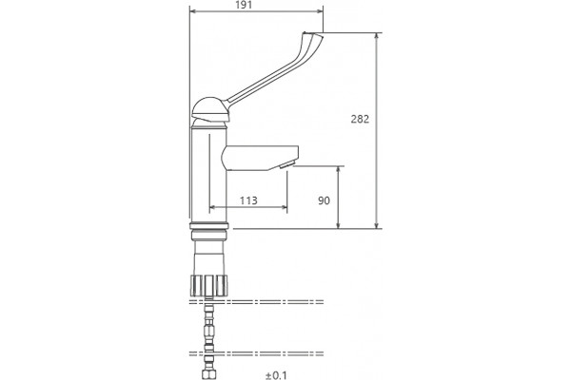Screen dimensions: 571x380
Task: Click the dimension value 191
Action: [x=244, y=5]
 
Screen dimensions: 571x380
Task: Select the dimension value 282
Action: [x=360, y=119]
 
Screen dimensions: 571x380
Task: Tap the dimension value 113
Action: [x=248, y=200]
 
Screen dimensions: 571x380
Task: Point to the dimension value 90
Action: [x=324, y=200]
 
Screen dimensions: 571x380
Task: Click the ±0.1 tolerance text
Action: [x=276, y=375]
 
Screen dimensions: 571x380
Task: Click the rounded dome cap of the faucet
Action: [x=210, y=108]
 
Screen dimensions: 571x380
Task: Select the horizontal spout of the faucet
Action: [x=260, y=158]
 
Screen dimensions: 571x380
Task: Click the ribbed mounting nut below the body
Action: [x=209, y=286]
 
